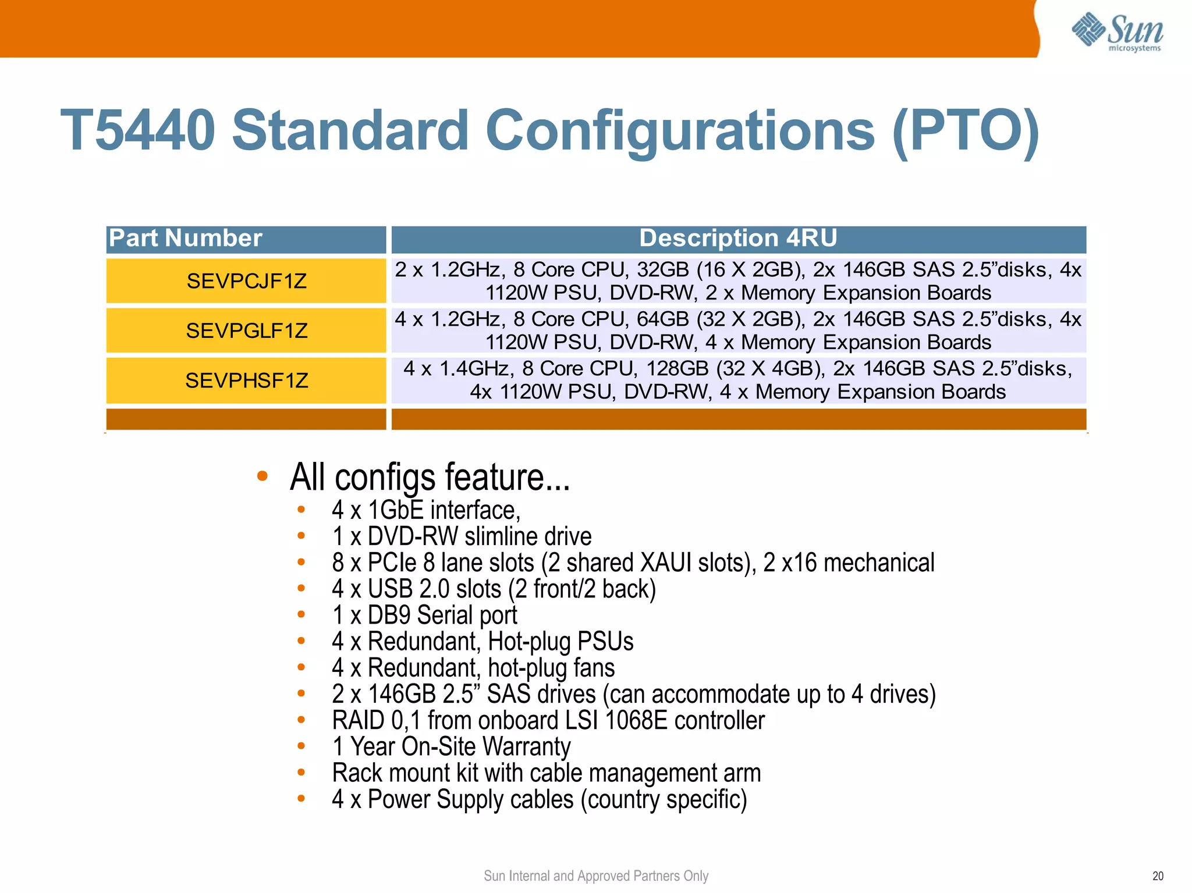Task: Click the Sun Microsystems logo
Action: coord(1117,32)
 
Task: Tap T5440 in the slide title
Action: coord(138,130)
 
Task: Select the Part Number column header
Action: coord(186,239)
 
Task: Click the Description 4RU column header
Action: coord(738,239)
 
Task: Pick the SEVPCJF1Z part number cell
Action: coord(246,281)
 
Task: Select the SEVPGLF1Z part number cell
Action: coord(246,330)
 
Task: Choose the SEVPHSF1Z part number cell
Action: coord(246,380)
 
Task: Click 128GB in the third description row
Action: coord(677,369)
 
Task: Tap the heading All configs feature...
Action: coord(430,477)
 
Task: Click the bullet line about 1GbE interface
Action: coord(425,510)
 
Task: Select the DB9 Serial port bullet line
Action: coord(424,616)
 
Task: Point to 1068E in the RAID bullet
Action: coord(636,721)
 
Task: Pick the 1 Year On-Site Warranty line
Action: coord(451,747)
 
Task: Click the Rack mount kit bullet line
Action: coord(546,773)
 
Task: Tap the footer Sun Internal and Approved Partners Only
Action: coord(596,876)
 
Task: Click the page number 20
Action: coord(1158,876)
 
